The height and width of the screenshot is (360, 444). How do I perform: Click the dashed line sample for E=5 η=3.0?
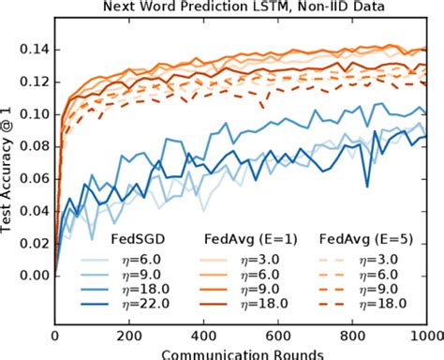pos(335,256)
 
